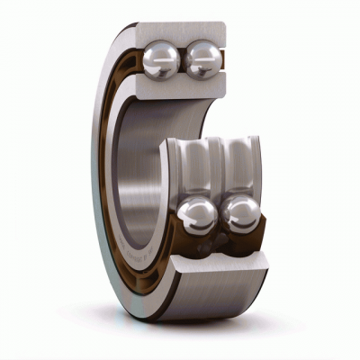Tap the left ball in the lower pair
point(197,216)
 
